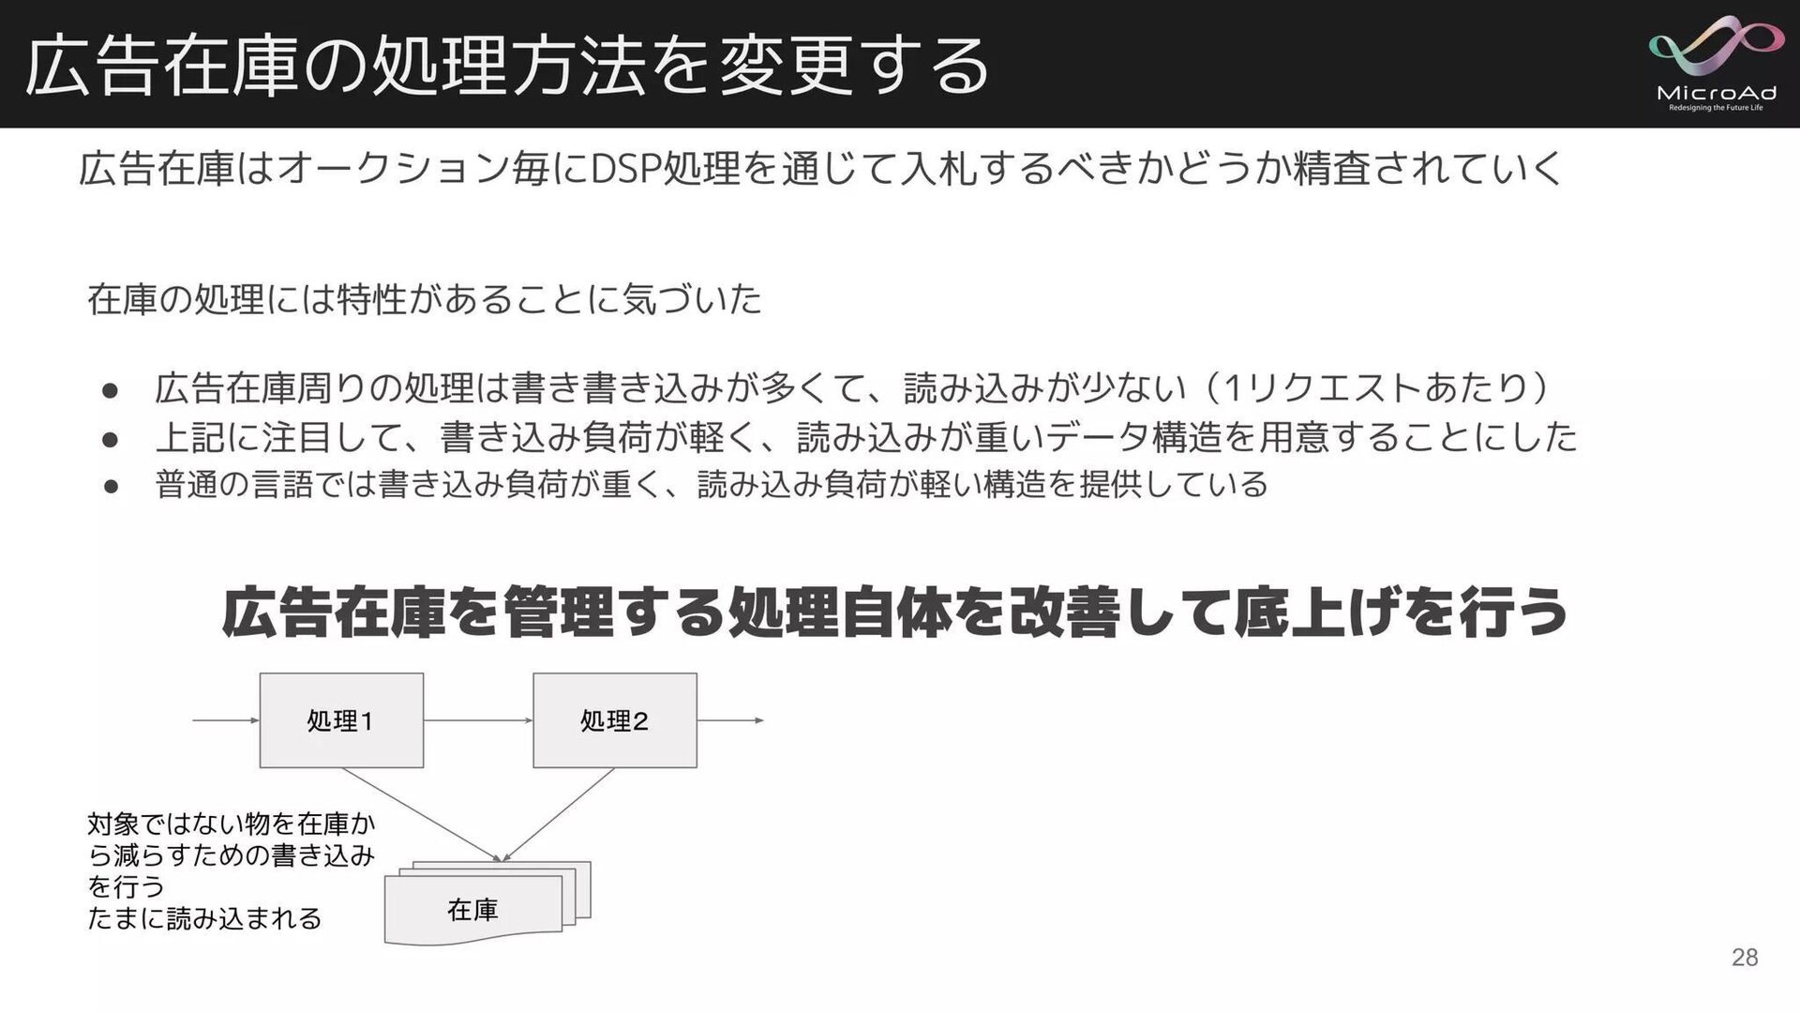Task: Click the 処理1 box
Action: click(341, 720)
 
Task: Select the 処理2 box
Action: click(615, 720)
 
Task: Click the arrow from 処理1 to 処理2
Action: click(478, 720)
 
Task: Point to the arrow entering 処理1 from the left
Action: click(225, 720)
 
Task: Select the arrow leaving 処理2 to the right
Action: click(730, 720)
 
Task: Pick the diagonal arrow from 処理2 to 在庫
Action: click(560, 813)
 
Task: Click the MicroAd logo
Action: click(1716, 64)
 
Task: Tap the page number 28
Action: click(1745, 957)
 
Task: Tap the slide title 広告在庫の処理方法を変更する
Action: click(506, 66)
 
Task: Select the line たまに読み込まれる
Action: click(204, 917)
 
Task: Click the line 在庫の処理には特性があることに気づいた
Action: click(424, 299)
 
